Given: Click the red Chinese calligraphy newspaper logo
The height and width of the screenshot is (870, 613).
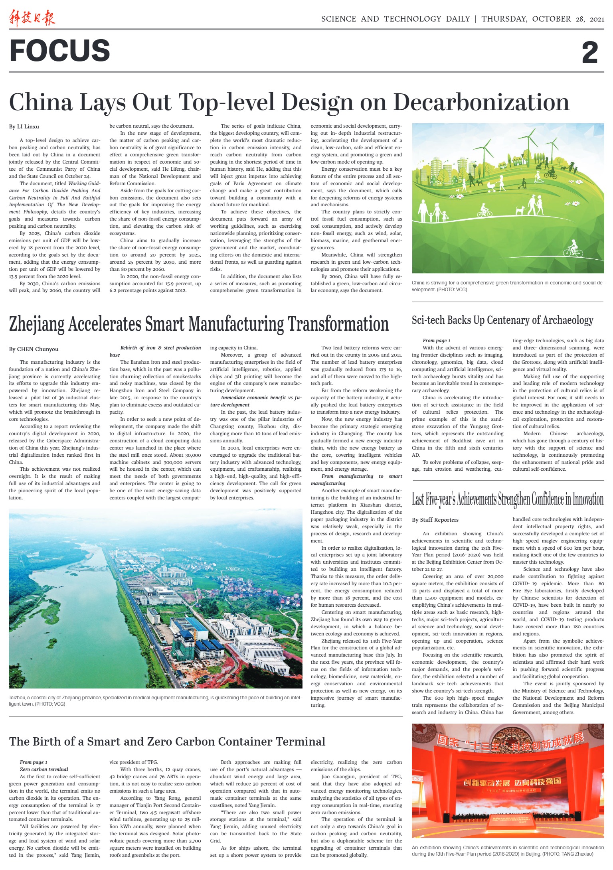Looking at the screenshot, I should pos(32,19).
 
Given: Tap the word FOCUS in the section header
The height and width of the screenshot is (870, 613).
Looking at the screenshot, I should pos(59,51).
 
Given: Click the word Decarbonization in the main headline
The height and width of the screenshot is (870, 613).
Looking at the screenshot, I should pos(481,102).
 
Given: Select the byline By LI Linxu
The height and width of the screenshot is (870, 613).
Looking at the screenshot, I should pos(24,127).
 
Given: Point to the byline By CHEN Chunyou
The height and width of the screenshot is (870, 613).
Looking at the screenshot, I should pos(34,349).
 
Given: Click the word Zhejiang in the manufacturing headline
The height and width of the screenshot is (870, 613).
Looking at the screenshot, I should pos(36,324).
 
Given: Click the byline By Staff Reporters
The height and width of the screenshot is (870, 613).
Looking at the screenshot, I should pos(435,520).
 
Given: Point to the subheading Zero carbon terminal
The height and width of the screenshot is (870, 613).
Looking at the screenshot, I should pos(44,769).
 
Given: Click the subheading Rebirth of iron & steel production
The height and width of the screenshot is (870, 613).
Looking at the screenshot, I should pos(160,348).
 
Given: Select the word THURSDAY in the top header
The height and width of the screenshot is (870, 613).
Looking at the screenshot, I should pos(504,19).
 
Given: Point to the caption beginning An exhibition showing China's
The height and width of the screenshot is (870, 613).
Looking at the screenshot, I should pos(508,850).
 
